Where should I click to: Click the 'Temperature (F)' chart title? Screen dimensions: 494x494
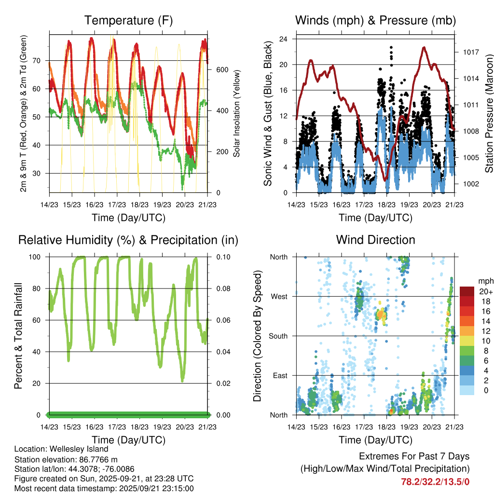(128, 20)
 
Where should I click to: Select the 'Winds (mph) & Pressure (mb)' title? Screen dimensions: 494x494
(375, 20)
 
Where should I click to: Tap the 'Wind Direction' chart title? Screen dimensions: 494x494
(375, 240)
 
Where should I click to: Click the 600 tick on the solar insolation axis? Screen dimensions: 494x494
(221, 69)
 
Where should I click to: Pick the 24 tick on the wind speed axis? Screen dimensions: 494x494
(284, 39)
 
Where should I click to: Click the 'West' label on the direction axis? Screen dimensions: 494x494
(279, 296)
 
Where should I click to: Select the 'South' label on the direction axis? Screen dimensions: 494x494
(278, 336)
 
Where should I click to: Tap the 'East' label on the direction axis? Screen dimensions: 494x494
(280, 375)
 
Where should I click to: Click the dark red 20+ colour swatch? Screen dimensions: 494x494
(467, 291)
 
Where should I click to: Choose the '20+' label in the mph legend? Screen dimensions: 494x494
(485, 291)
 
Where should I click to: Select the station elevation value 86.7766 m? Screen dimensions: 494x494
(103, 459)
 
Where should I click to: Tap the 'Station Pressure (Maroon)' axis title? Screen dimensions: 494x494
(488, 113)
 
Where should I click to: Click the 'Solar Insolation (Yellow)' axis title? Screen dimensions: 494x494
(237, 113)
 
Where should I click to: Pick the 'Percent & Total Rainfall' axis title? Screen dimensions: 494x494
(18, 335)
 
